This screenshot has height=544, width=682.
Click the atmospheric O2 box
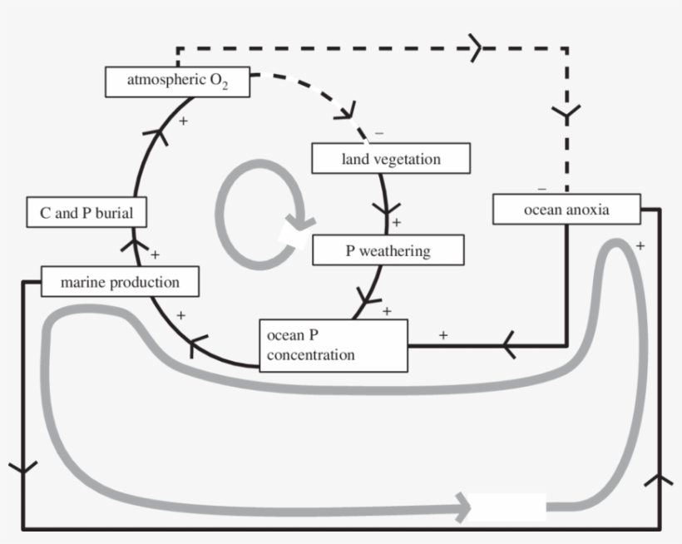pos(177,82)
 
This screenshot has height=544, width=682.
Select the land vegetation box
pos(391,158)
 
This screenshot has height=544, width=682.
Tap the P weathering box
pos(388,250)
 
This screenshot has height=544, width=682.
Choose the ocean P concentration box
pos(333,345)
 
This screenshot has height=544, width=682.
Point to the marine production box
pos(120,282)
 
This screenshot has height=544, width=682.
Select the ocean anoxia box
pos(566,209)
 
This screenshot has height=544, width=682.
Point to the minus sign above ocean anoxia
pos(541,188)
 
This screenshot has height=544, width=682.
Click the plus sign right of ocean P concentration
pos(442,335)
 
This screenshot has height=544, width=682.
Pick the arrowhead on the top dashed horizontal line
pos(477,47)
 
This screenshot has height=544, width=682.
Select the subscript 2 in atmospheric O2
pos(224,87)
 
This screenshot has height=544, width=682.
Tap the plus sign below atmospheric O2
pos(182,121)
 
